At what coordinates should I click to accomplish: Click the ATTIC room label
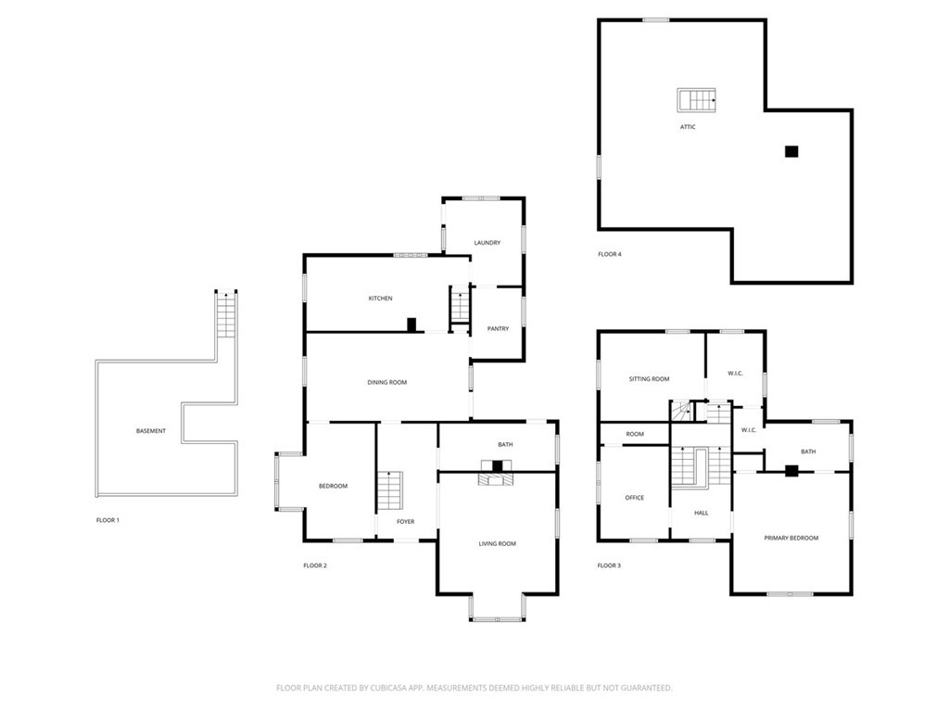(x=687, y=127)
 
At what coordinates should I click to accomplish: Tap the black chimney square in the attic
(x=791, y=152)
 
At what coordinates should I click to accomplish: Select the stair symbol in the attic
(x=696, y=99)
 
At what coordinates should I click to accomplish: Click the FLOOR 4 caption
(x=609, y=253)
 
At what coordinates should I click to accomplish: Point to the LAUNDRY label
(x=487, y=243)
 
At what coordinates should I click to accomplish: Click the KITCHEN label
(x=380, y=299)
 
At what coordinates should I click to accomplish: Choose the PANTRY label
(x=498, y=328)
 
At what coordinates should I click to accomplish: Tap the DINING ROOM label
(x=386, y=382)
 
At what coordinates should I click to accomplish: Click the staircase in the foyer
(x=390, y=490)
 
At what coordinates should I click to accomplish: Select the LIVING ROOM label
(x=497, y=543)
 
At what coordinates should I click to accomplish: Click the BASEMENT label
(x=151, y=431)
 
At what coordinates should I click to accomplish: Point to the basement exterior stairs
(x=227, y=316)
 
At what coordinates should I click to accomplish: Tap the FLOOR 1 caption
(x=108, y=520)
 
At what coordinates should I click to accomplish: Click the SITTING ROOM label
(x=649, y=379)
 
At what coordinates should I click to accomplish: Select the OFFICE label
(x=634, y=498)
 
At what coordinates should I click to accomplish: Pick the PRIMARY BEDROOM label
(x=791, y=538)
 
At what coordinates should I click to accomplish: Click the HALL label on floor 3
(x=702, y=512)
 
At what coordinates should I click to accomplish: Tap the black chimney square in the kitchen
(x=412, y=324)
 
